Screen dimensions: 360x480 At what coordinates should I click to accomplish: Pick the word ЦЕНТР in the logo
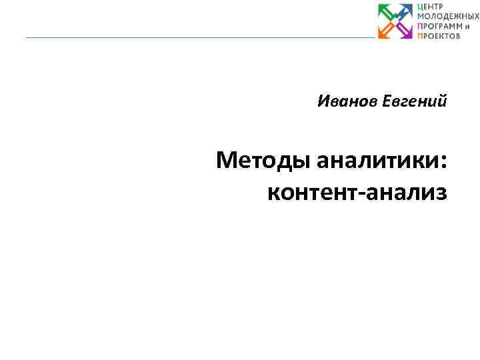(x=431, y=7)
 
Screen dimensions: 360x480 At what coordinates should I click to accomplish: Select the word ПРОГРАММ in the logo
(x=438, y=26)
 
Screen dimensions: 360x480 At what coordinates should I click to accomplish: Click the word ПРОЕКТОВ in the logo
(x=439, y=35)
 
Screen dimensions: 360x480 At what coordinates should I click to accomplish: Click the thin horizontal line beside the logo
(x=200, y=37)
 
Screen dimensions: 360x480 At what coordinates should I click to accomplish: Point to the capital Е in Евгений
(x=387, y=102)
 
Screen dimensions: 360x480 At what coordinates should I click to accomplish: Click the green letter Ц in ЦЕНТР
(x=421, y=7)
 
